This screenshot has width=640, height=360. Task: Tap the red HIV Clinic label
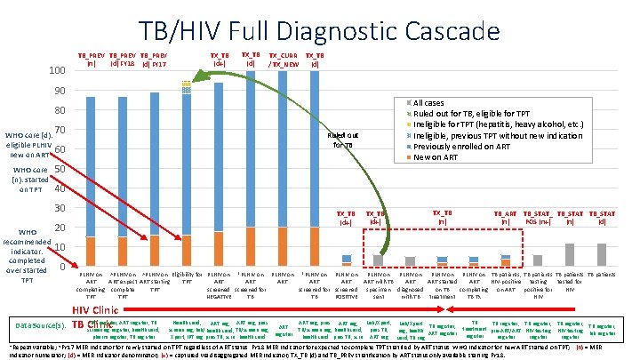click(x=97, y=308)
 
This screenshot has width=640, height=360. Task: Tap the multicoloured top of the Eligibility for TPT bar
click(x=187, y=86)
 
